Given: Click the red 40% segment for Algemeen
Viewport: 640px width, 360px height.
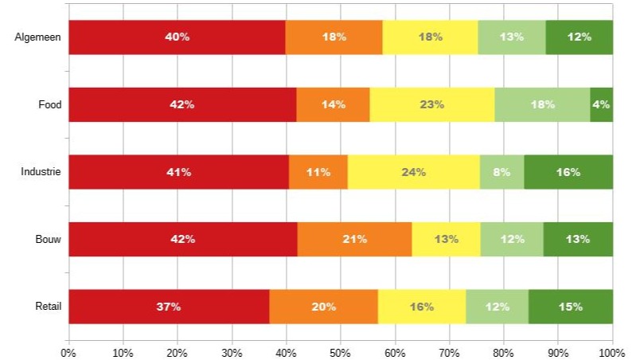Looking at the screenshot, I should point(177,37).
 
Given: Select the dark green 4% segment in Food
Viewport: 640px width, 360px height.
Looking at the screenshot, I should point(601,104).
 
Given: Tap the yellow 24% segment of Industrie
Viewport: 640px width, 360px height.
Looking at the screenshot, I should point(414,172).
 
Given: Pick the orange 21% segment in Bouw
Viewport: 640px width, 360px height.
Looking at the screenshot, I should point(354,239).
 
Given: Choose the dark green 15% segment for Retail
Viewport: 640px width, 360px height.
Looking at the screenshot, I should point(570,307).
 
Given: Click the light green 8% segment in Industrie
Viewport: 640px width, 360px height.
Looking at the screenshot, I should point(501,172).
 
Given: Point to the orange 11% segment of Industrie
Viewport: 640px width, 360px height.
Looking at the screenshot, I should point(318,172).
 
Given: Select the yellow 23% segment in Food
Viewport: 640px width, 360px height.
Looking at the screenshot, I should point(432,104).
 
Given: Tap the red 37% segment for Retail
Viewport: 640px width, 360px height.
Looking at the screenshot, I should point(169,307).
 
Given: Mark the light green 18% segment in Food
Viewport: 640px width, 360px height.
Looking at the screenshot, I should point(542,104).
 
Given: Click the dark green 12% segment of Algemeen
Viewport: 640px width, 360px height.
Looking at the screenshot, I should point(580,37).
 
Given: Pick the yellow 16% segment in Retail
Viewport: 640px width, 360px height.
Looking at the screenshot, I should point(422,307).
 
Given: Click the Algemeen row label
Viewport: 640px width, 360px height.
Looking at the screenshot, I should point(38,37).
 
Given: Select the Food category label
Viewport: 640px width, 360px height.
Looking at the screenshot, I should point(49,104).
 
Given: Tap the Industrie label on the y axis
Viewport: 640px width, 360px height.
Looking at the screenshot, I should point(41,172).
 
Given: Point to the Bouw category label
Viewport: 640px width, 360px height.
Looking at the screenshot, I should point(49,239).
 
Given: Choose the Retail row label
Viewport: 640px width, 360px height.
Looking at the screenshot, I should point(49,307).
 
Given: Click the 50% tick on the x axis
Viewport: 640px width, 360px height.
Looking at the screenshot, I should point(340,350).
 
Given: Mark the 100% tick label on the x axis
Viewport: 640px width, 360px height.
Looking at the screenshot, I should point(611,350).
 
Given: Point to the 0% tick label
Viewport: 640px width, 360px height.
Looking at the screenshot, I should point(68,350).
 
